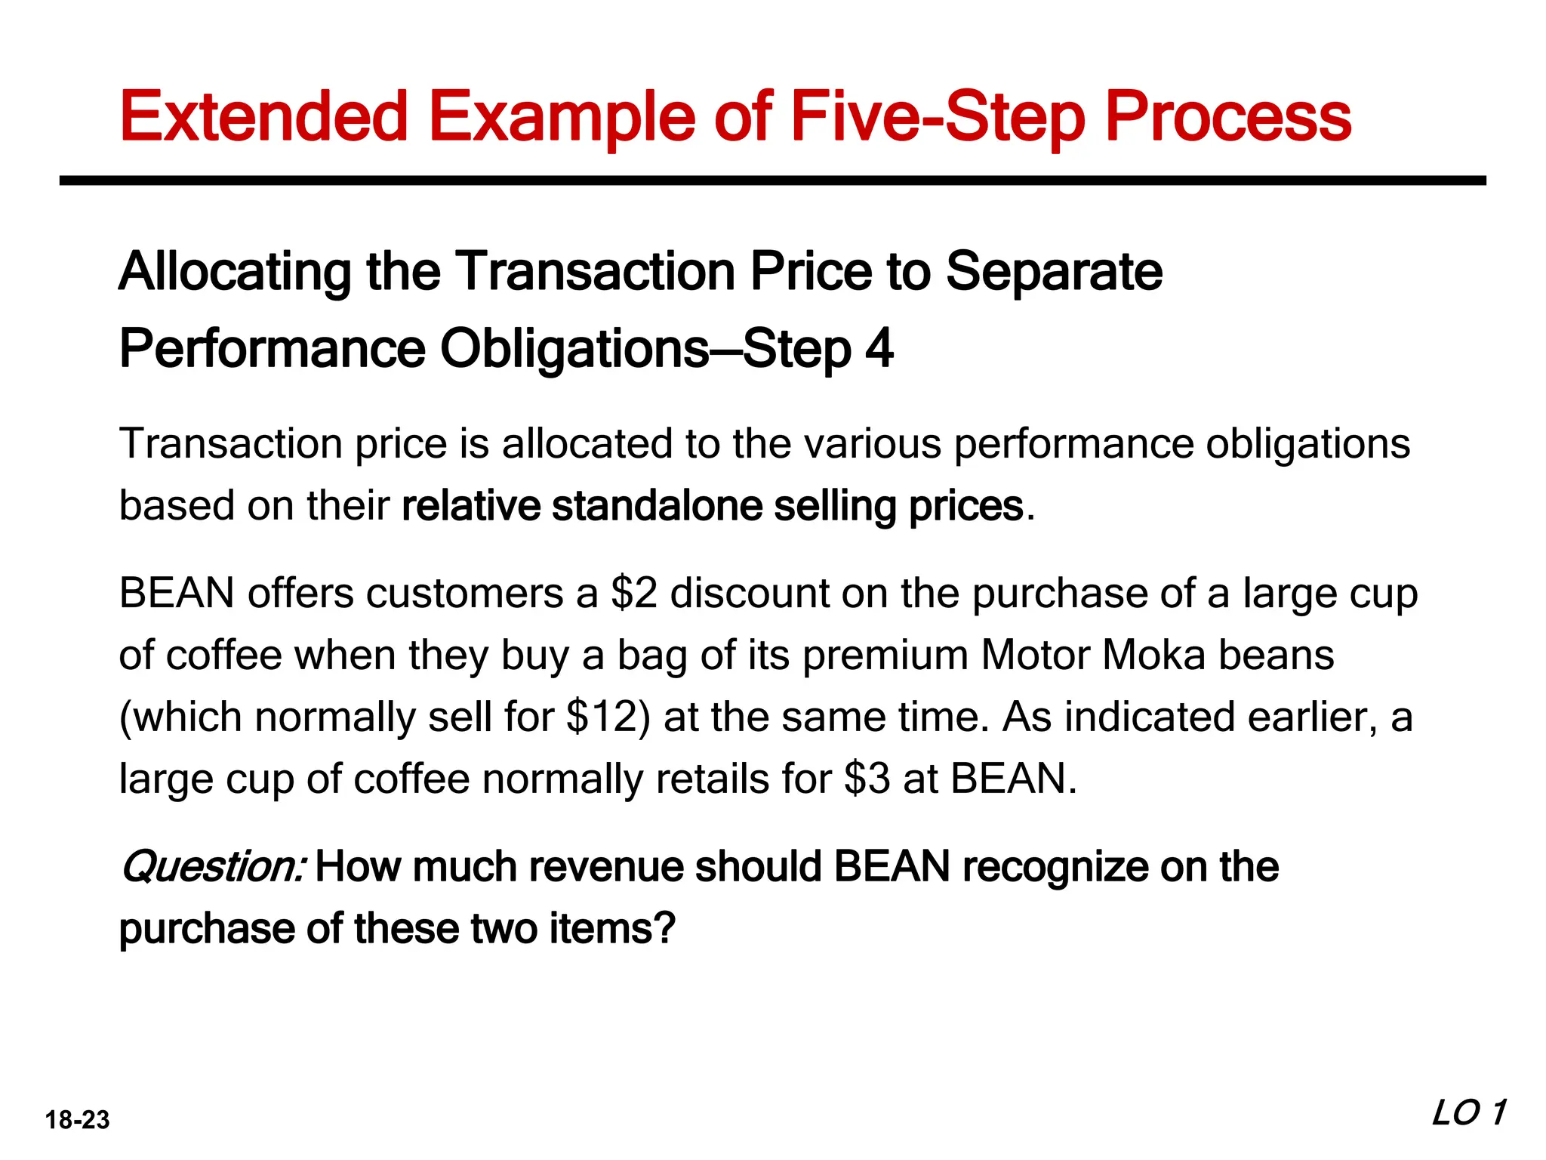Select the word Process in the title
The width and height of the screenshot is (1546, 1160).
pos(1228,117)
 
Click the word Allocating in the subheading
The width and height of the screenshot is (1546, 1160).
pos(235,273)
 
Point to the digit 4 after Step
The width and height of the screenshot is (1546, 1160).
pos(879,349)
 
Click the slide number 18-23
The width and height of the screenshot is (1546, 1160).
pos(77,1120)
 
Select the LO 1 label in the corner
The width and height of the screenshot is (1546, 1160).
pos(1468,1113)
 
